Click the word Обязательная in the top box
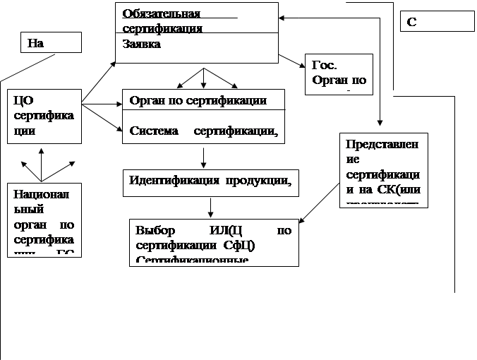tap(161, 14)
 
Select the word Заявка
tap(141, 44)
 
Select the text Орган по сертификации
tap(198, 100)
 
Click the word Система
tap(153, 131)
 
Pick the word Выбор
tap(155, 231)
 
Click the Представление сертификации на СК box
tap(383, 169)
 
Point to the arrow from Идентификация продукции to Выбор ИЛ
tap(210, 207)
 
